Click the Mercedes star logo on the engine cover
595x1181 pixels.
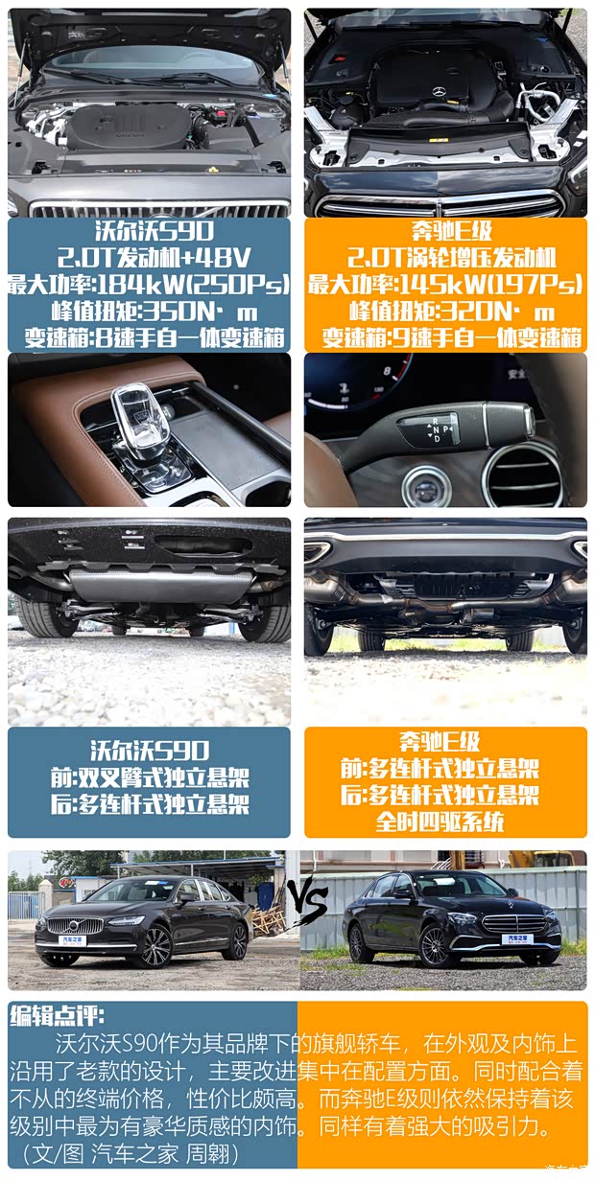(x=440, y=92)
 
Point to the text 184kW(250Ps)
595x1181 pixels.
(x=193, y=285)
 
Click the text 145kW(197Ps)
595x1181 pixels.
(x=490, y=285)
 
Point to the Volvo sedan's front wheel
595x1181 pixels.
(x=156, y=947)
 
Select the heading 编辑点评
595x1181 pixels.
(x=57, y=1014)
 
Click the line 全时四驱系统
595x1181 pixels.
(x=440, y=822)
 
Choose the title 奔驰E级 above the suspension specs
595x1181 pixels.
(x=440, y=742)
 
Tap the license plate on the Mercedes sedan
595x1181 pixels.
(x=517, y=938)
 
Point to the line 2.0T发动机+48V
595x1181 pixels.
(x=155, y=258)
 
